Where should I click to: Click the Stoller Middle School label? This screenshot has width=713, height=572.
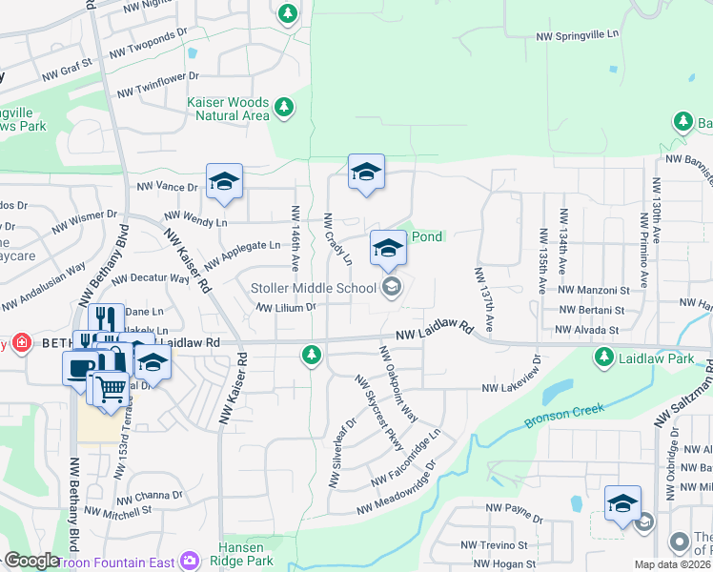click(314, 287)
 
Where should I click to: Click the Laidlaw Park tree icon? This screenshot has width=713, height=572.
click(602, 357)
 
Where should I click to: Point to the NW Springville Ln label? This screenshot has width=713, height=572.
click(578, 36)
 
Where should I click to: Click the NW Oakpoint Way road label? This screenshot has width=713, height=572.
click(398, 384)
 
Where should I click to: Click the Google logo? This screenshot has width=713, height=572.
click(31, 561)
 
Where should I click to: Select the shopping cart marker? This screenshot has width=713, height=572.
click(112, 389)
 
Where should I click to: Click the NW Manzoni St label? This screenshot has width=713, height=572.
click(594, 289)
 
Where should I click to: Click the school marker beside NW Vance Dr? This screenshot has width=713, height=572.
click(224, 181)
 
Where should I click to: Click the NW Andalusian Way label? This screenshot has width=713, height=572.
click(43, 289)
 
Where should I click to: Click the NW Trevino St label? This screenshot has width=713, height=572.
click(494, 545)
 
